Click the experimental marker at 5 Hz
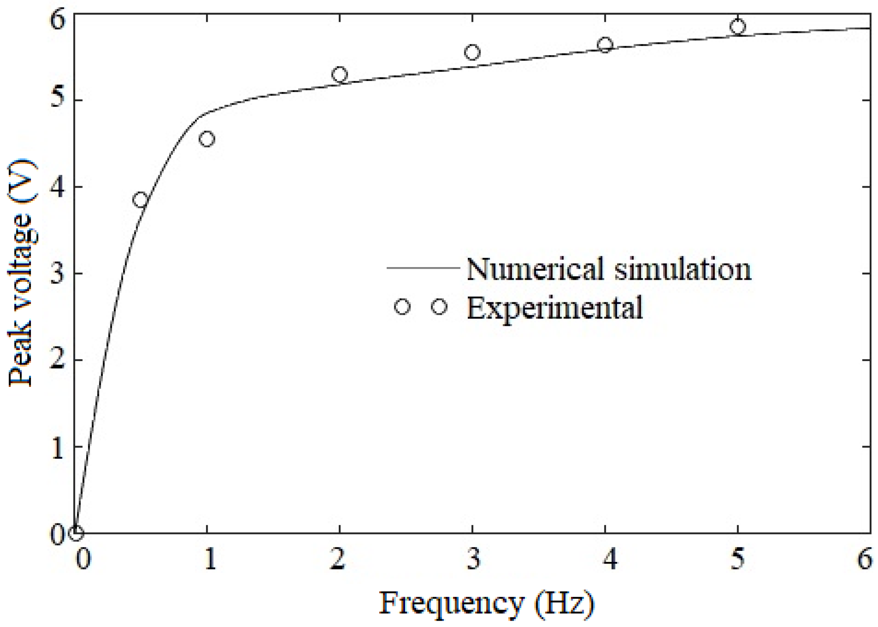pyautogui.click(x=737, y=27)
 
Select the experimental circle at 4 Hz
pyautogui.click(x=605, y=45)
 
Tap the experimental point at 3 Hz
pyautogui.click(x=472, y=52)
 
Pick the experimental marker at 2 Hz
pyautogui.click(x=340, y=74)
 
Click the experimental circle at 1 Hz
pyautogui.click(x=207, y=139)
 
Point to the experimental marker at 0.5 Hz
pyautogui.click(x=141, y=200)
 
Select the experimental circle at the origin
pyautogui.click(x=76, y=533)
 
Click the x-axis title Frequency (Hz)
pyautogui.click(x=486, y=603)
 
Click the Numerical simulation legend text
pyautogui.click(x=609, y=269)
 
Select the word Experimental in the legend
pyautogui.click(x=554, y=308)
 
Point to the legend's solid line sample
pyautogui.click(x=423, y=268)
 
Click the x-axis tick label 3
pyautogui.click(x=473, y=560)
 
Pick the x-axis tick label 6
pyautogui.click(x=864, y=560)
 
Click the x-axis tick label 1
pyautogui.click(x=209, y=560)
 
